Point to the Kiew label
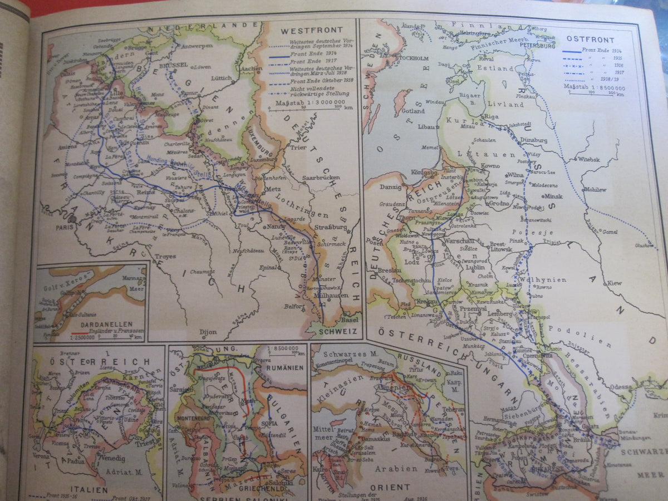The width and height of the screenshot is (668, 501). tap(614, 283)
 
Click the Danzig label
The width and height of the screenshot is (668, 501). tap(390, 188)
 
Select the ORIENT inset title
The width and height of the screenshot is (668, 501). tap(390, 487)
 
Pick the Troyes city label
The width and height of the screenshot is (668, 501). tap(165, 257)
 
